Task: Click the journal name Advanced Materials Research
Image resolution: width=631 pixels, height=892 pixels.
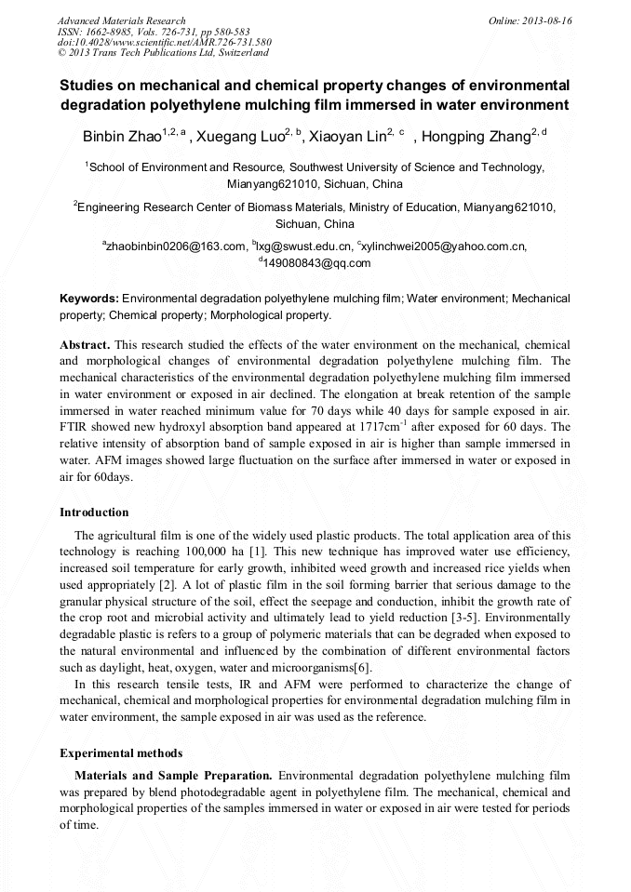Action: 121,20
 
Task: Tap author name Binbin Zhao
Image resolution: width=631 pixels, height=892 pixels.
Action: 122,138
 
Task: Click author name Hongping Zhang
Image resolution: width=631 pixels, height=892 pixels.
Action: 474,138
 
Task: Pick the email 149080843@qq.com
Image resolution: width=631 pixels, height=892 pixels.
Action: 316,263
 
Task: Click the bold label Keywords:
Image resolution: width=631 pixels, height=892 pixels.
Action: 88,299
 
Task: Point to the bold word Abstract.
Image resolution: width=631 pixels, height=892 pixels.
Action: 85,344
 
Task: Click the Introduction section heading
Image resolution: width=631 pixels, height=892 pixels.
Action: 94,513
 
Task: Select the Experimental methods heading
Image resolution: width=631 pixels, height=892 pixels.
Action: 121,753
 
